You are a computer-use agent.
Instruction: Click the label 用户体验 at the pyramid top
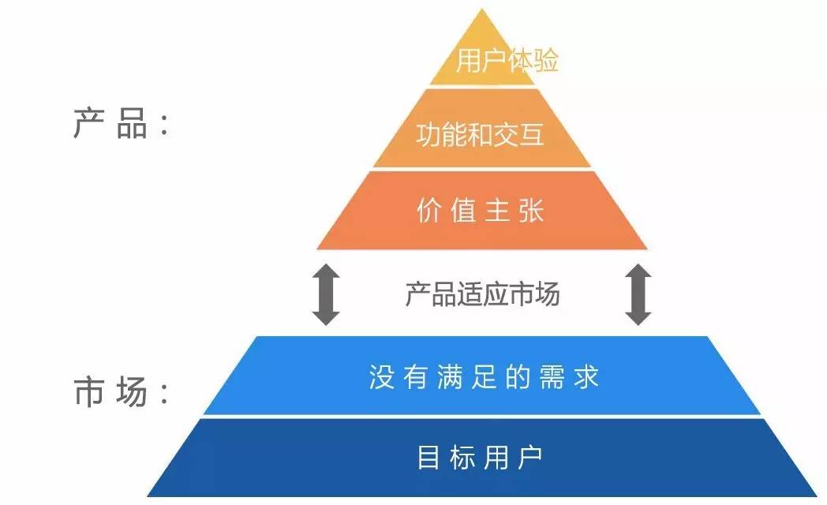click(507, 62)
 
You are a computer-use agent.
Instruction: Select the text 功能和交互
click(480, 135)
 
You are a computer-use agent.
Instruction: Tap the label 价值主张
click(480, 211)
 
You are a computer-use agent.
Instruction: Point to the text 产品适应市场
click(482, 294)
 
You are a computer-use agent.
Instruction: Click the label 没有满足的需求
click(484, 376)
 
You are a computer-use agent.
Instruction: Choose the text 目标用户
click(480, 458)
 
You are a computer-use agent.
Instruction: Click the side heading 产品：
click(120, 125)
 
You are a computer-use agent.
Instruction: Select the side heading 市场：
click(120, 391)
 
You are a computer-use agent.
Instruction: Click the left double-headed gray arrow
click(326, 295)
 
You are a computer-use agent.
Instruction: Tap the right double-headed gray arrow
click(638, 295)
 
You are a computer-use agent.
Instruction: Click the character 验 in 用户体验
click(546, 62)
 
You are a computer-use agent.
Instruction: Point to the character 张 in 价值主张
click(531, 211)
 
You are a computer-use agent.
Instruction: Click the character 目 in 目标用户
click(428, 458)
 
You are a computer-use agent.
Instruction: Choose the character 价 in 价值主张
click(428, 211)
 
